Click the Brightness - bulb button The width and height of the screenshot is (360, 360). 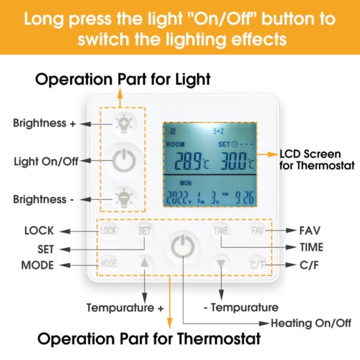tap(124, 198)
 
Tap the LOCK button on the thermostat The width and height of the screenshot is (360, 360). tap(109, 231)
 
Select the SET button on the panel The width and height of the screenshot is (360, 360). tap(144, 231)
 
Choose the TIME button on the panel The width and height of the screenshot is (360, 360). tap(221, 231)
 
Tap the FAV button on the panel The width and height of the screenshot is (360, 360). tap(257, 231)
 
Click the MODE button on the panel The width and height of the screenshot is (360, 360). tap(109, 263)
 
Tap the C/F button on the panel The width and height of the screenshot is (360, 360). tap(257, 265)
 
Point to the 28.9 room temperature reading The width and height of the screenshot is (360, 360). tap(189, 161)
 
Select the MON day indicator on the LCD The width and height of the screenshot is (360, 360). tap(185, 183)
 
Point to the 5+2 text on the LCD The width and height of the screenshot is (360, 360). tap(218, 131)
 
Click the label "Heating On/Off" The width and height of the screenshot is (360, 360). tap(311, 323)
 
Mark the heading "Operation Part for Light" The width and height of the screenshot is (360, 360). tap(123, 79)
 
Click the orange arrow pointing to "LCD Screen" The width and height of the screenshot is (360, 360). tap(267, 154)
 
